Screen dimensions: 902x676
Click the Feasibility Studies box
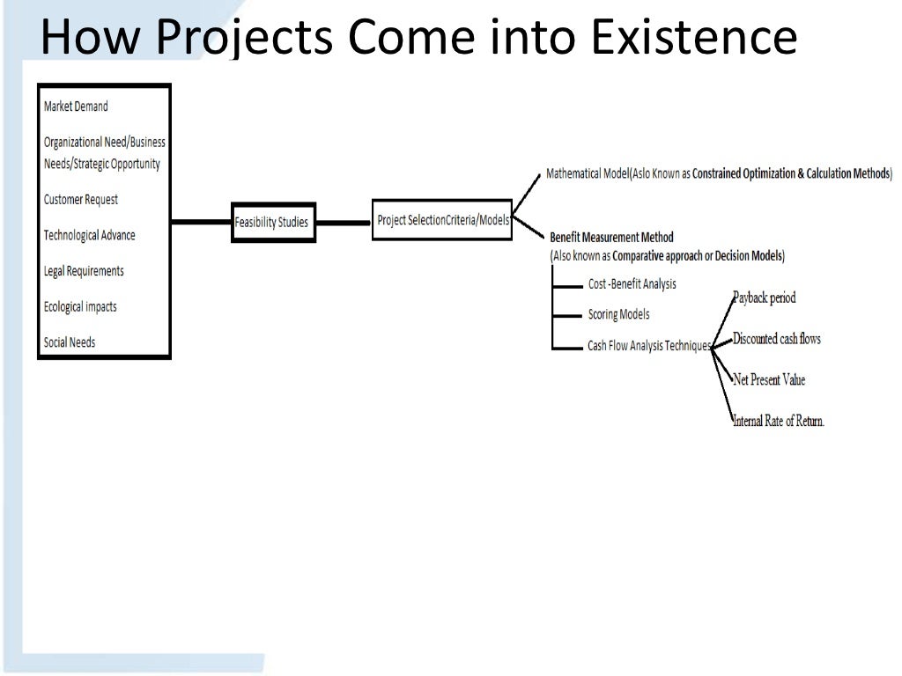(273, 222)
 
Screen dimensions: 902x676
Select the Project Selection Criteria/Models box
(442, 220)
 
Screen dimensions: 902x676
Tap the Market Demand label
(76, 107)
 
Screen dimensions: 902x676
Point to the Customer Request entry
(81, 200)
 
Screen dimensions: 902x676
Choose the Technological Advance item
(90, 235)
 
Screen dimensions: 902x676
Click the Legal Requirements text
(84, 271)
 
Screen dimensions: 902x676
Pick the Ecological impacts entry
(80, 306)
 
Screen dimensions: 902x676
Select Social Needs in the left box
(70, 342)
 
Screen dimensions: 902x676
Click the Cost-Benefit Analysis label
(632, 284)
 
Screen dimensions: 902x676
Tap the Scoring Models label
(618, 314)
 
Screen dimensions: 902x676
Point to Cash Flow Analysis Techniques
(649, 346)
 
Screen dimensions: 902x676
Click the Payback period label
(765, 298)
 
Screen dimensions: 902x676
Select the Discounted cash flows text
(777, 339)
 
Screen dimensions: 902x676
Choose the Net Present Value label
(769, 380)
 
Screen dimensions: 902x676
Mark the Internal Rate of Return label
(779, 421)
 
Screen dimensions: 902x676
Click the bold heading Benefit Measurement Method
(611, 238)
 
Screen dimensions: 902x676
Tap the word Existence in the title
(697, 37)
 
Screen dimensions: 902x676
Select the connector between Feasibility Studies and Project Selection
(343, 223)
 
